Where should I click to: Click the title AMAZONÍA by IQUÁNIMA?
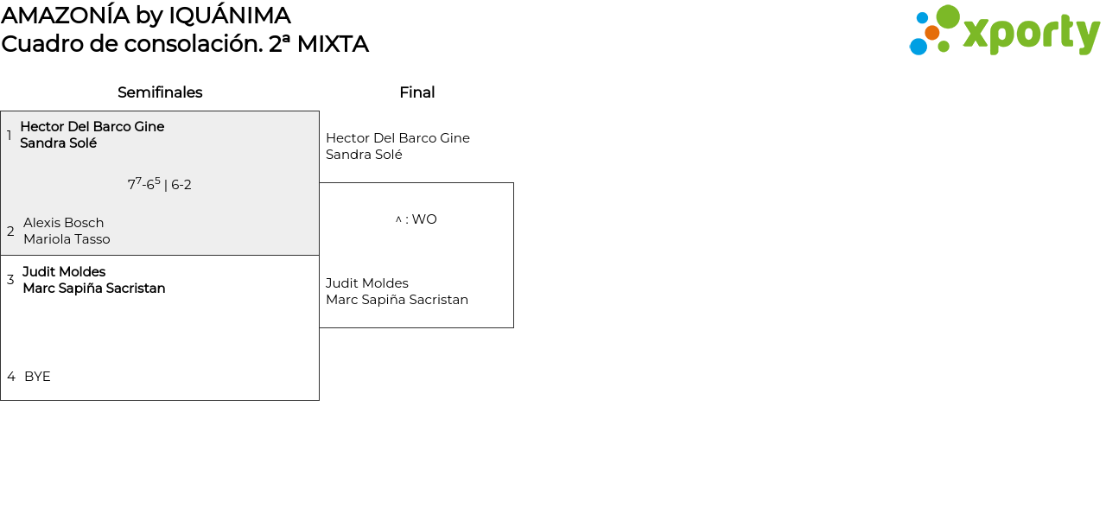click(146, 16)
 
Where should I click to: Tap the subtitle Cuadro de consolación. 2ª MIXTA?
click(185, 44)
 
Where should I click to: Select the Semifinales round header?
click(160, 92)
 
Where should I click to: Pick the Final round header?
click(416, 92)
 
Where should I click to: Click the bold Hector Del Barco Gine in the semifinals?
click(92, 127)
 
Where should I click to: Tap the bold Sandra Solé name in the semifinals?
click(58, 143)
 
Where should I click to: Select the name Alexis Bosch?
click(63, 223)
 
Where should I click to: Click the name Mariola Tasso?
click(67, 239)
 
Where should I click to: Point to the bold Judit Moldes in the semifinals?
click(64, 272)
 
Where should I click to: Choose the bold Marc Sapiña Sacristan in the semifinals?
click(93, 289)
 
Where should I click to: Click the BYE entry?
click(37, 377)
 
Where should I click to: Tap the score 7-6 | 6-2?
click(159, 184)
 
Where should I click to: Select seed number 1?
click(10, 136)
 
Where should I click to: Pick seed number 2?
click(10, 232)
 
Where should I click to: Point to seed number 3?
click(10, 280)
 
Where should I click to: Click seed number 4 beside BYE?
click(11, 377)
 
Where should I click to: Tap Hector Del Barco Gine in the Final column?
click(397, 138)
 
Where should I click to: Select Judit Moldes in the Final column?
click(366, 283)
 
